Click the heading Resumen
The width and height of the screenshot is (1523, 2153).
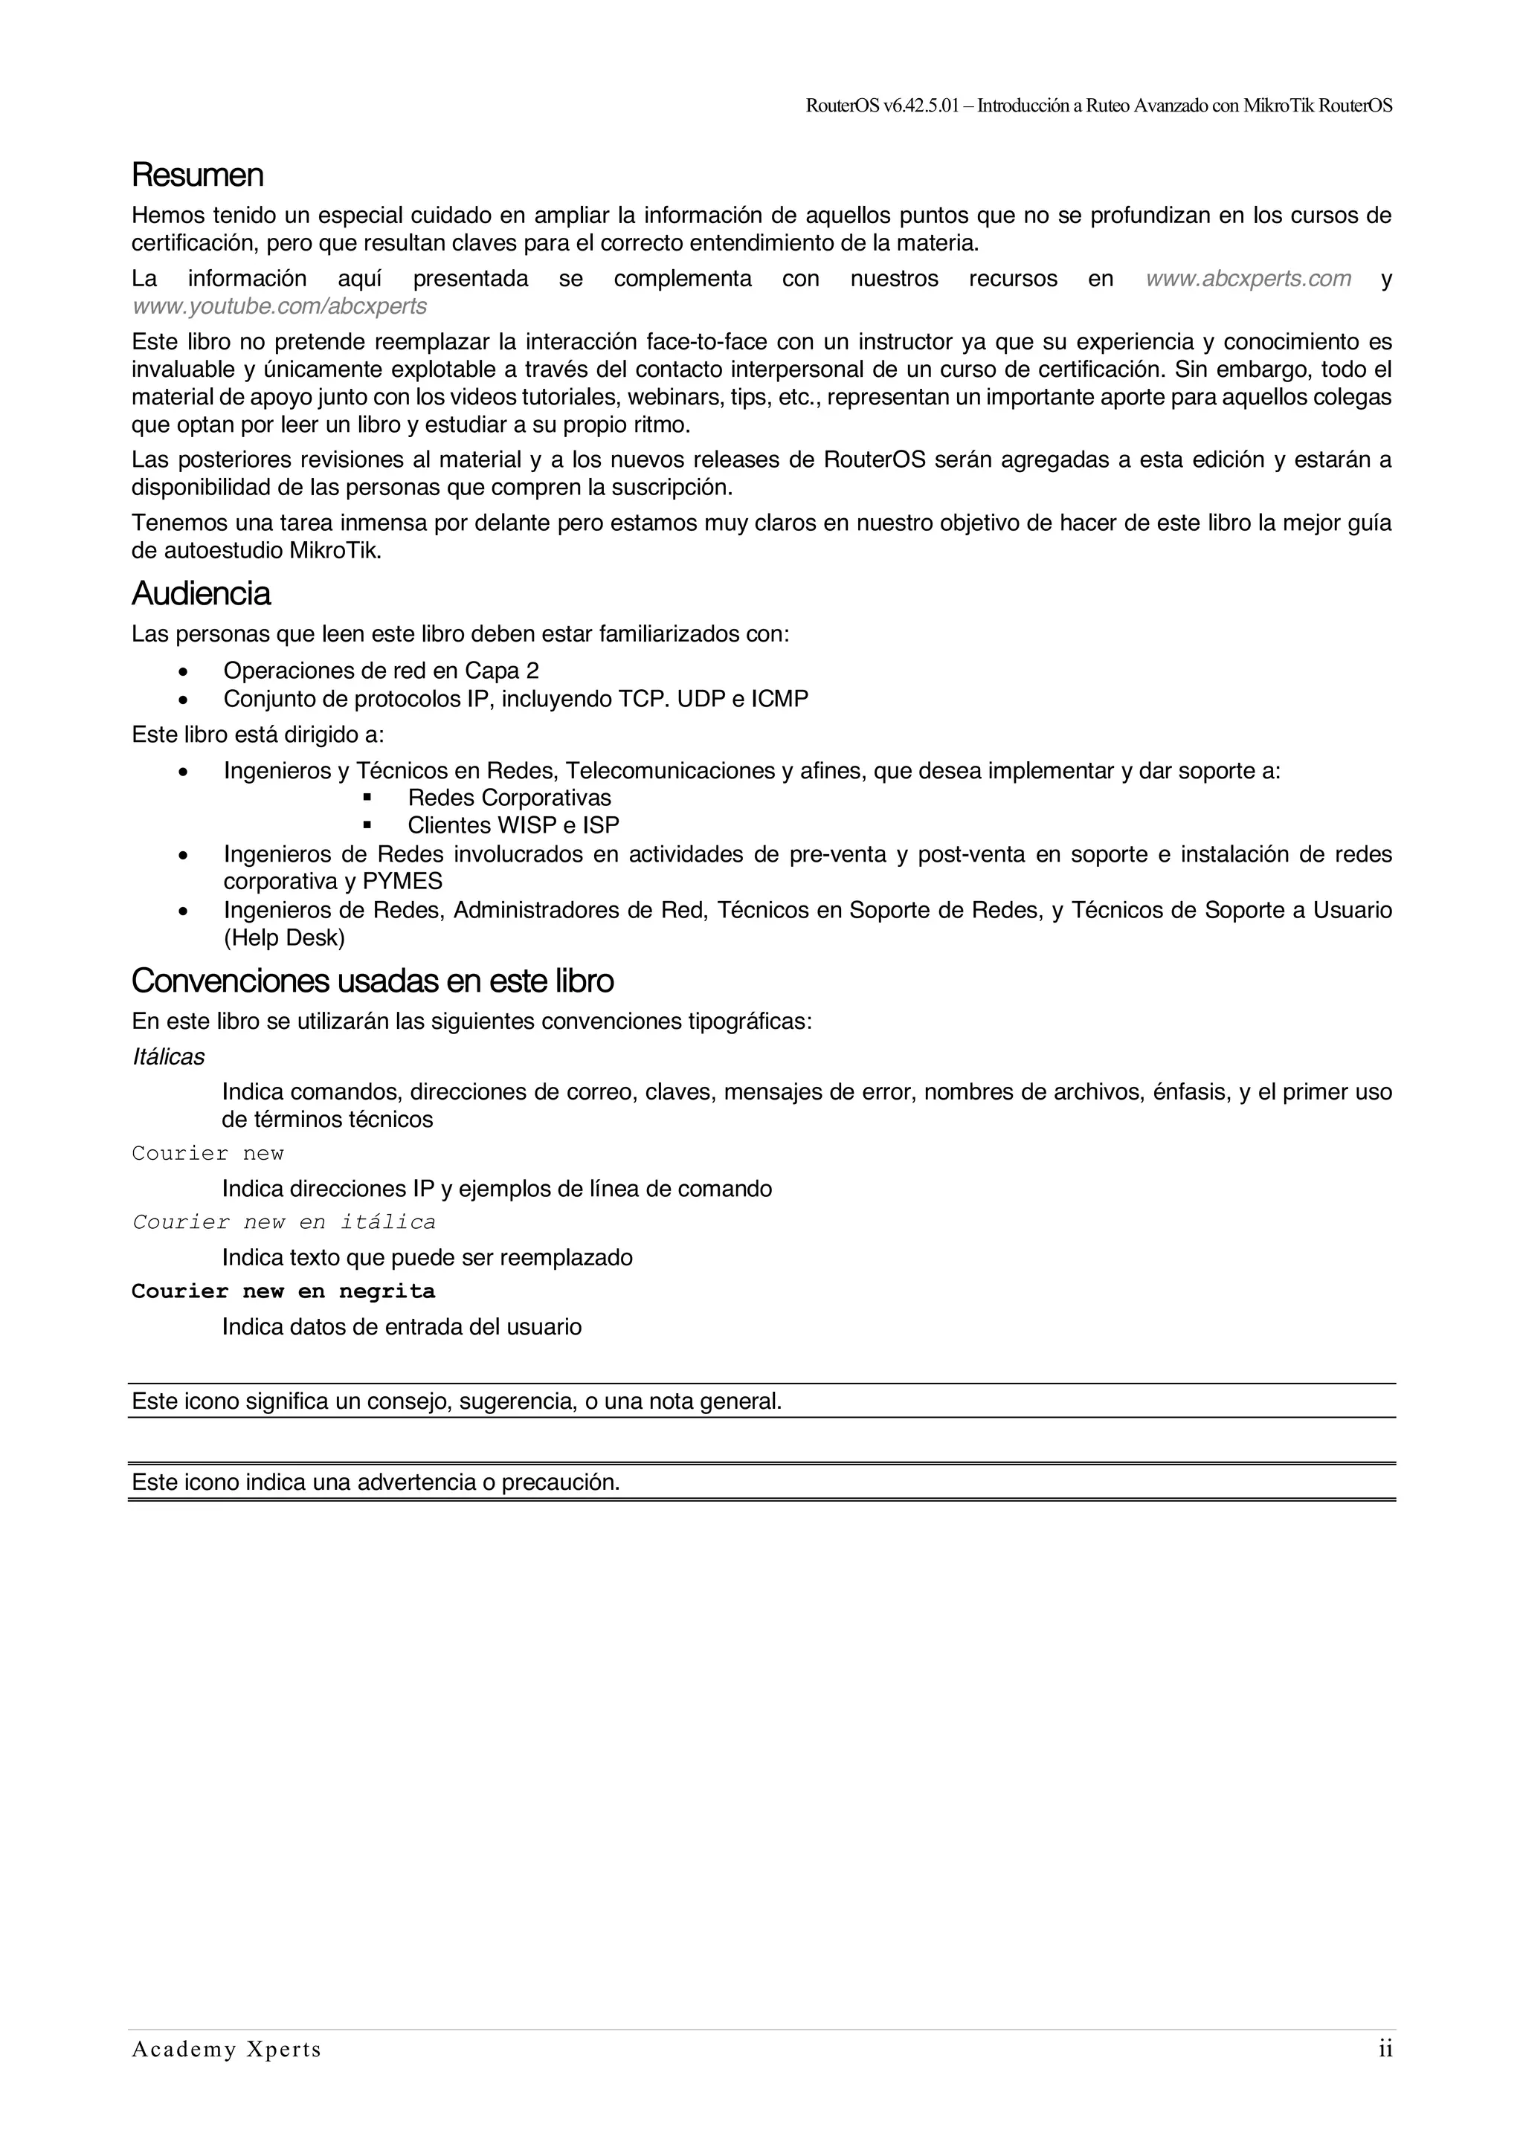[x=197, y=175]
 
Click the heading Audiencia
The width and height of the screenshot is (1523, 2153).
[x=201, y=593]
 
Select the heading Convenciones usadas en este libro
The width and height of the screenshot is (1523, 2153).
[x=373, y=981]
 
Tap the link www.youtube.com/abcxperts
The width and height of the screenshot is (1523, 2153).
[x=280, y=306]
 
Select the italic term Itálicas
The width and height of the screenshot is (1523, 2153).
[x=168, y=1057]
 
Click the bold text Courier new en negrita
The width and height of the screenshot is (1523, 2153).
[x=283, y=1291]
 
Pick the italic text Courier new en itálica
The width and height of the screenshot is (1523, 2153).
[x=283, y=1222]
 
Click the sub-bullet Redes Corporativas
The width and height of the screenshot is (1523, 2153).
[x=509, y=798]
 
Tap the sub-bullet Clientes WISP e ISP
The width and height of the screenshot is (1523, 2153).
[x=513, y=825]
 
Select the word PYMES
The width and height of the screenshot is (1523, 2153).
[x=402, y=882]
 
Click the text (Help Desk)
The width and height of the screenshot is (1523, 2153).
[x=283, y=937]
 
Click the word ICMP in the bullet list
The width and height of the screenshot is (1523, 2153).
[x=779, y=700]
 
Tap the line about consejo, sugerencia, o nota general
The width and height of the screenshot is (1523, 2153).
[x=457, y=1401]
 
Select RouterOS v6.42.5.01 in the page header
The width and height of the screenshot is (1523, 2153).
[x=883, y=106]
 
